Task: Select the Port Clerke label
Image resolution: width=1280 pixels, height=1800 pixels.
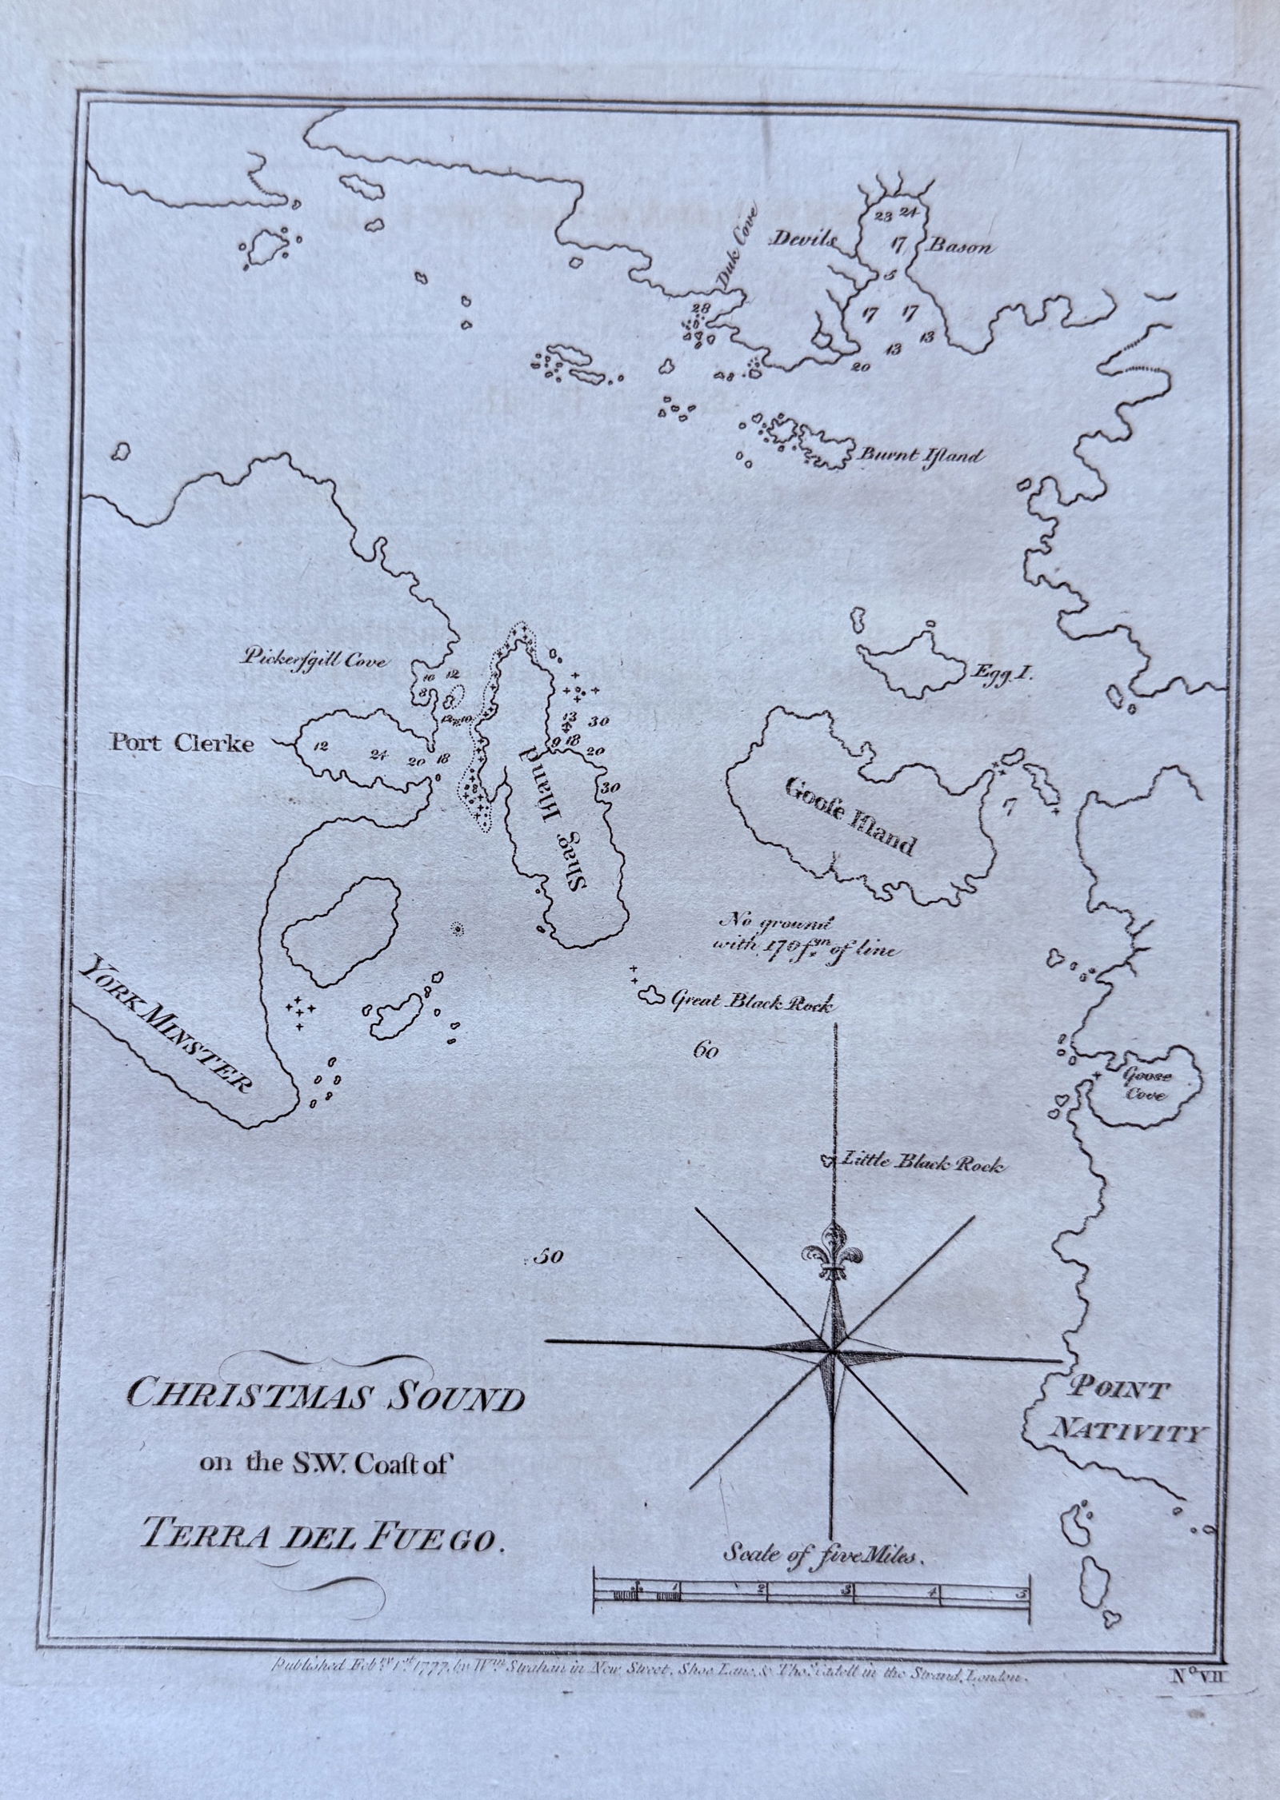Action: (182, 744)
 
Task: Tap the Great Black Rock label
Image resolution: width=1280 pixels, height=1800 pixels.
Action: (751, 1001)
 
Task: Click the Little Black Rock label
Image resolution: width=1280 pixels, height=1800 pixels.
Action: (919, 1163)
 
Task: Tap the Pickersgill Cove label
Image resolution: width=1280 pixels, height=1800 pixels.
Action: (314, 661)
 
